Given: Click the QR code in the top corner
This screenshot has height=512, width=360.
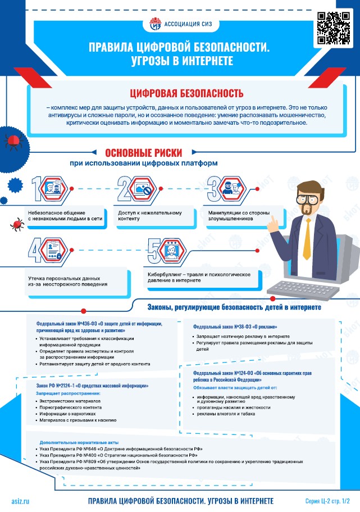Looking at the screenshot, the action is click(334, 28).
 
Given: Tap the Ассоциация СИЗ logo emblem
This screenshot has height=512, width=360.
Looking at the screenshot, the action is click(156, 24).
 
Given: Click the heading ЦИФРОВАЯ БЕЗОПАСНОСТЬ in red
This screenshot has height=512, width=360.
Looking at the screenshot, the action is click(186, 93).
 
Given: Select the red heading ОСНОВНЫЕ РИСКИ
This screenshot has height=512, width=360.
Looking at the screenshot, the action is click(144, 152).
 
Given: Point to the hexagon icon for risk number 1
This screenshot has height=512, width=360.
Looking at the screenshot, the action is click(54, 188).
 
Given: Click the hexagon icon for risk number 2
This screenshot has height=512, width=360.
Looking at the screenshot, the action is click(143, 188).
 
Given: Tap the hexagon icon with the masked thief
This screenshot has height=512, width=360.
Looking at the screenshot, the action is click(233, 188).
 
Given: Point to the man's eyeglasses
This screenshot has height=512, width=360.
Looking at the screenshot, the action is click(309, 199).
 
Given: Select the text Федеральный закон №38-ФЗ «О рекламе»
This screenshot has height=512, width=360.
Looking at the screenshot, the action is click(235, 327).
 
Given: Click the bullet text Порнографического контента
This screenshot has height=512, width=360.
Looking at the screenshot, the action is click(71, 407).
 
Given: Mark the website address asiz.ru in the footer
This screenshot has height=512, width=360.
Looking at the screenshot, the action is click(20, 501).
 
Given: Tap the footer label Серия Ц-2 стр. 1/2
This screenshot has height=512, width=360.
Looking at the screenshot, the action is click(327, 501).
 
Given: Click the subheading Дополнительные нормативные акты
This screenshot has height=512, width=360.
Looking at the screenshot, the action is click(79, 442).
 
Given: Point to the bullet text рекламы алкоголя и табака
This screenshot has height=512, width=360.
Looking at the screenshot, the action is click(226, 414).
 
